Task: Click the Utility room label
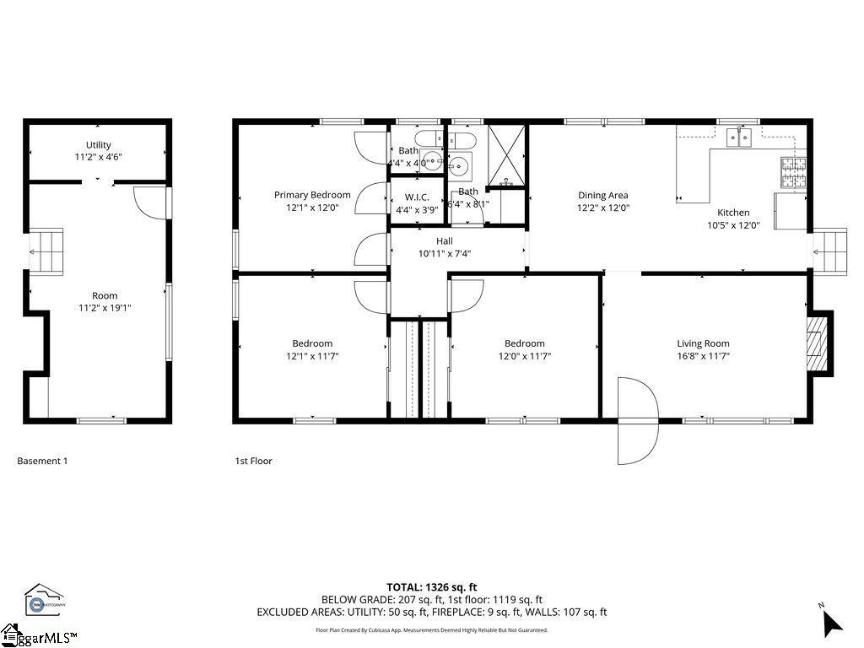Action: tap(98, 145)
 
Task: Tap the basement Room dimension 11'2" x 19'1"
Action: tap(105, 308)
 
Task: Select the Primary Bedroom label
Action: tap(312, 195)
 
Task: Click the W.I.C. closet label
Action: tap(417, 197)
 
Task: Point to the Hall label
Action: tap(444, 241)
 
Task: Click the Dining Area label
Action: tap(602, 195)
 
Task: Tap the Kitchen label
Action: tap(733, 213)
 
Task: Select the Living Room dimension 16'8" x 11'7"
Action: tap(703, 356)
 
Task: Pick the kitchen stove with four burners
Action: tap(793, 173)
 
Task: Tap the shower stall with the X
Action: tap(507, 154)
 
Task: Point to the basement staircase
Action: tap(46, 251)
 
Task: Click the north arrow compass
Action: tap(831, 622)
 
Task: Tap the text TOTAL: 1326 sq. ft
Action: tap(431, 587)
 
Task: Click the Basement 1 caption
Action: tap(42, 461)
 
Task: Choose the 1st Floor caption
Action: tap(253, 461)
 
